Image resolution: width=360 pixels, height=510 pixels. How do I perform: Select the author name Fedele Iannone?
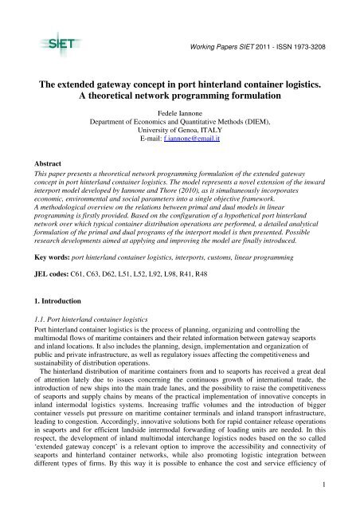[x=181, y=115]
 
